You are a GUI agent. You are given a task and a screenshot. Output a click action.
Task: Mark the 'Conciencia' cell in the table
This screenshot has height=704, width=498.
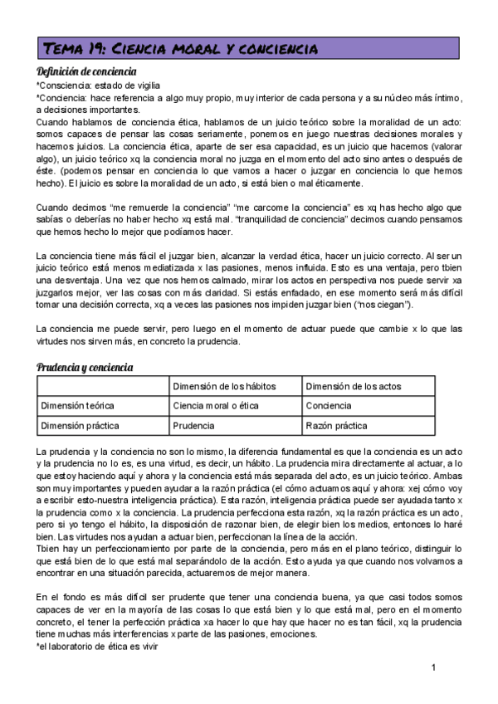[330, 405]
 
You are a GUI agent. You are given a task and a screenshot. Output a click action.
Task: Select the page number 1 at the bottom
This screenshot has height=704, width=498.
[433, 667]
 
